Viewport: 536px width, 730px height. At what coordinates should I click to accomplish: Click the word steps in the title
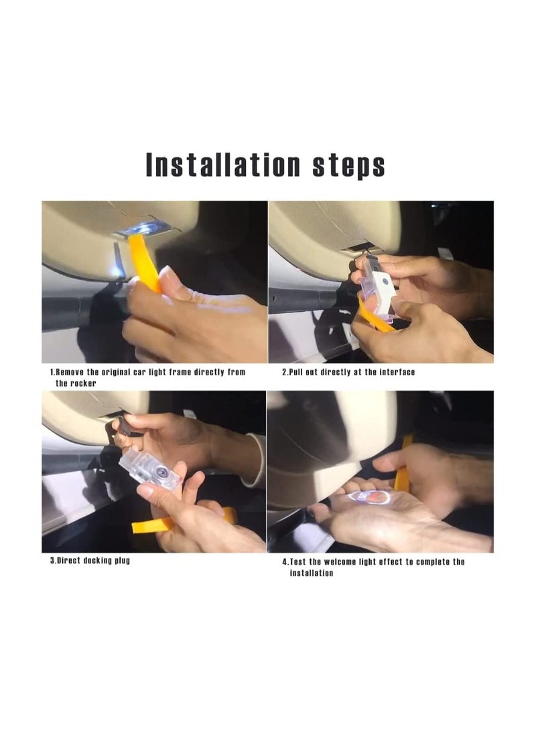click(349, 165)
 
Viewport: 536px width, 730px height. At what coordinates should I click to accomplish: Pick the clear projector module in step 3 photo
click(149, 472)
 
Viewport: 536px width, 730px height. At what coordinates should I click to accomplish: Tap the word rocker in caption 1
click(83, 383)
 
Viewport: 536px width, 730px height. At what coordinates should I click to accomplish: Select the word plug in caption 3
click(120, 561)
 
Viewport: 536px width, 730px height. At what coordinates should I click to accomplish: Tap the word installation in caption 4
click(311, 573)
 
